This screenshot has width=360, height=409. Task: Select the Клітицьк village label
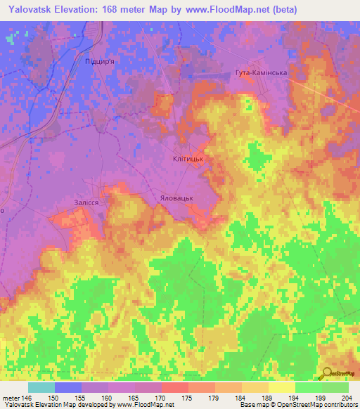click(x=188, y=160)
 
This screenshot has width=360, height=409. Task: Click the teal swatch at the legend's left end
click(x=41, y=387)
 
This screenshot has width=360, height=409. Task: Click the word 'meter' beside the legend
click(x=11, y=397)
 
